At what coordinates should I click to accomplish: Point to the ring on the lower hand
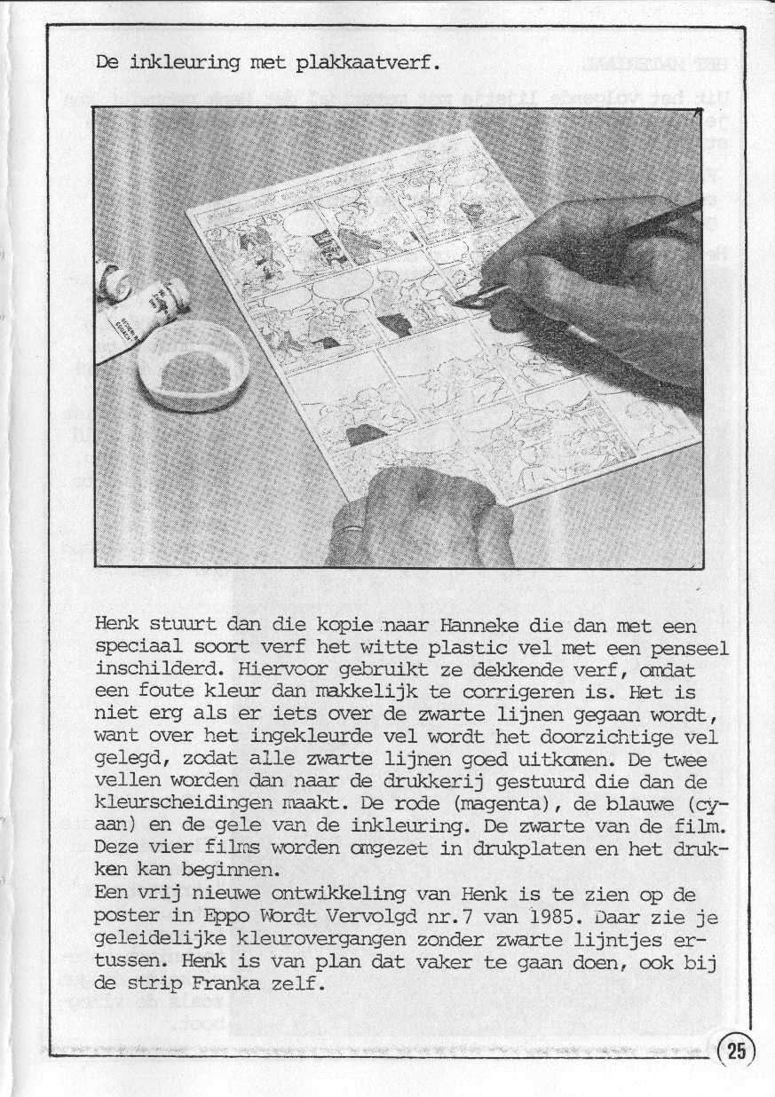355,524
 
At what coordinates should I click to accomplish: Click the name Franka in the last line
234,984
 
